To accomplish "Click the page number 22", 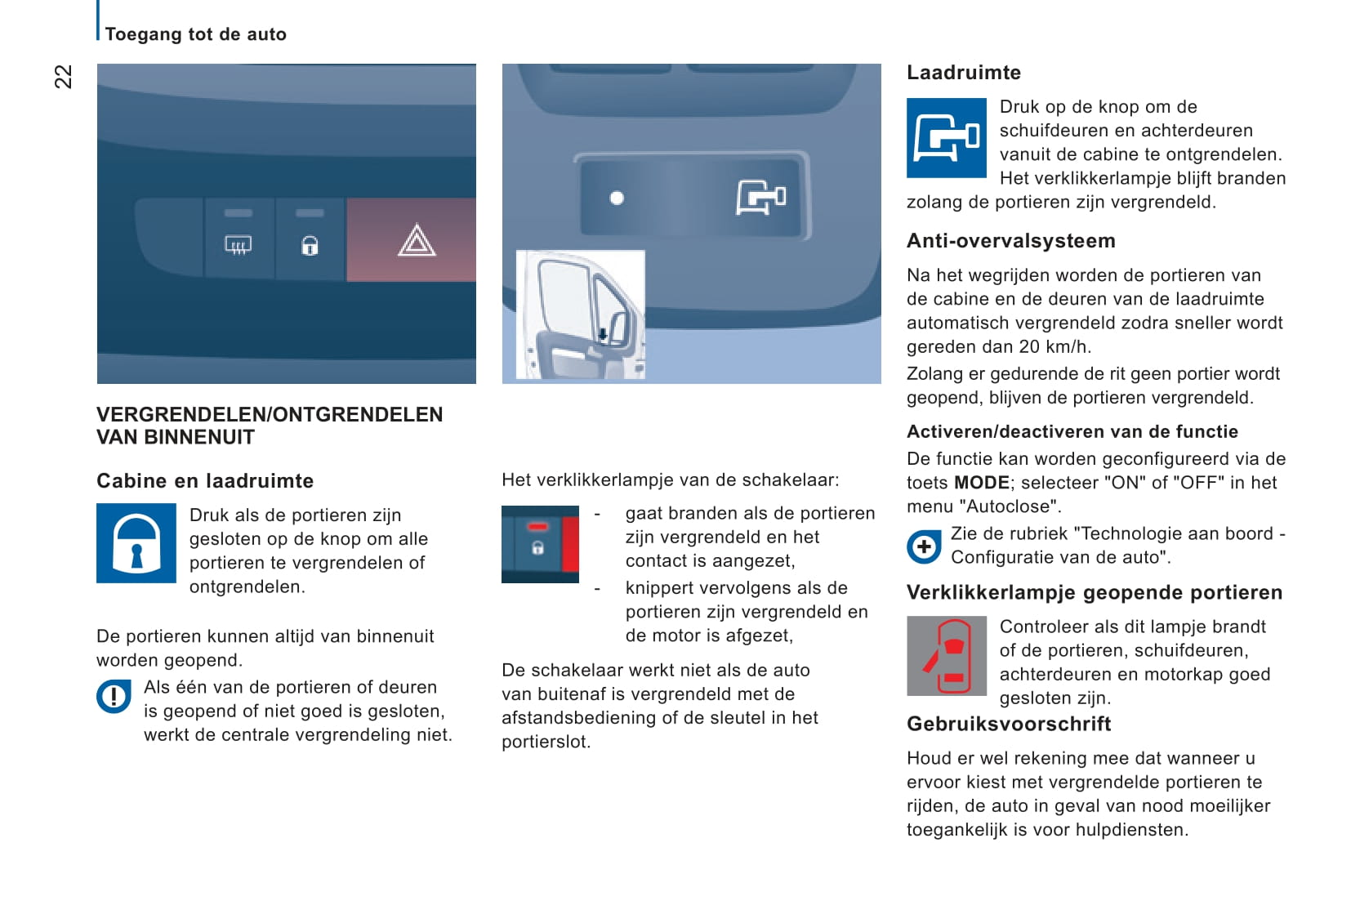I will click(x=63, y=76).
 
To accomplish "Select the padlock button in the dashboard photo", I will click(x=310, y=243).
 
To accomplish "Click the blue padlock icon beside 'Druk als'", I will click(x=136, y=543).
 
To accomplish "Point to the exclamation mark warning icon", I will click(x=114, y=697).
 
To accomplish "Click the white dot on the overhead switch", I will click(x=617, y=198).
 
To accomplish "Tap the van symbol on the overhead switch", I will click(x=760, y=198).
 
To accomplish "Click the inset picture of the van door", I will click(x=581, y=314).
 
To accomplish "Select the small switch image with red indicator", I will click(x=540, y=544).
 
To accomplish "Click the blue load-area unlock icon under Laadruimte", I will click(x=947, y=137).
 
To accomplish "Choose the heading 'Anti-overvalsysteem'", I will click(x=1010, y=241).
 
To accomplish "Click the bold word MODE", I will click(x=981, y=483).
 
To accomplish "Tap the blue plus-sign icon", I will click(x=924, y=546).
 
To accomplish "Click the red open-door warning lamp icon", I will click(x=947, y=655).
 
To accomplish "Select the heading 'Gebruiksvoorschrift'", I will click(x=1009, y=724).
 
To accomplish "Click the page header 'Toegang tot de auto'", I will click(x=196, y=34).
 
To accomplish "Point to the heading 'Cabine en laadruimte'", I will click(x=205, y=481).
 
